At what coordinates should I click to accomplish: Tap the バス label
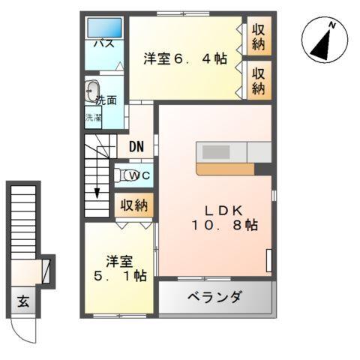(x=103, y=44)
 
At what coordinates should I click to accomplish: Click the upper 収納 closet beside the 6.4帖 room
(x=259, y=36)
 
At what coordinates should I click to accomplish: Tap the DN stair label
(x=136, y=146)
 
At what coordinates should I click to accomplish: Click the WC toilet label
(x=138, y=175)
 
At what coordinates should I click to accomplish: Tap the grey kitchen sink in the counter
(x=216, y=151)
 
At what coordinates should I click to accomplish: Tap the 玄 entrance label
(x=23, y=304)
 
